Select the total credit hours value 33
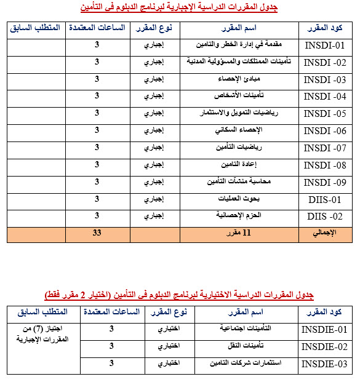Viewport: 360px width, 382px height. pos(97,233)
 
